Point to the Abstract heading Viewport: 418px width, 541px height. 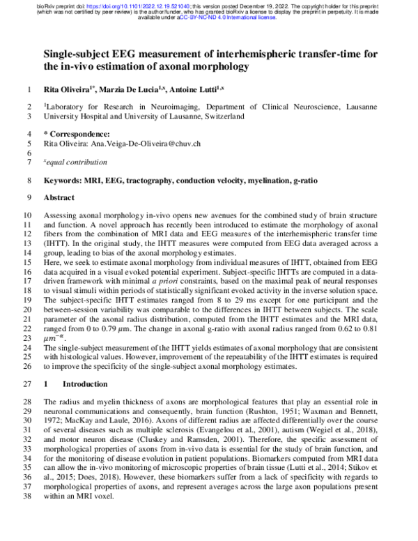(59, 198)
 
